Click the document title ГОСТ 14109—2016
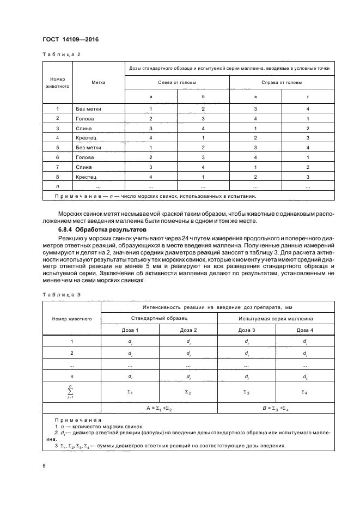pyautogui.click(x=70, y=40)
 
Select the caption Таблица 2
pyautogui.click(x=61, y=54)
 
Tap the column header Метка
pyautogui.click(x=99, y=82)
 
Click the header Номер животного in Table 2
pyautogui.click(x=57, y=82)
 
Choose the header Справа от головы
pyautogui.click(x=282, y=82)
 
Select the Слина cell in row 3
pyautogui.click(x=84, y=128)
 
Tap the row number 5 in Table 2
pyautogui.click(x=57, y=148)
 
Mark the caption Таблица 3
pyautogui.click(x=61, y=295)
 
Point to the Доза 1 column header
pyautogui.click(x=130, y=330)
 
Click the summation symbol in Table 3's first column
pyautogui.click(x=71, y=391)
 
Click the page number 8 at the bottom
pyautogui.click(x=44, y=466)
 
